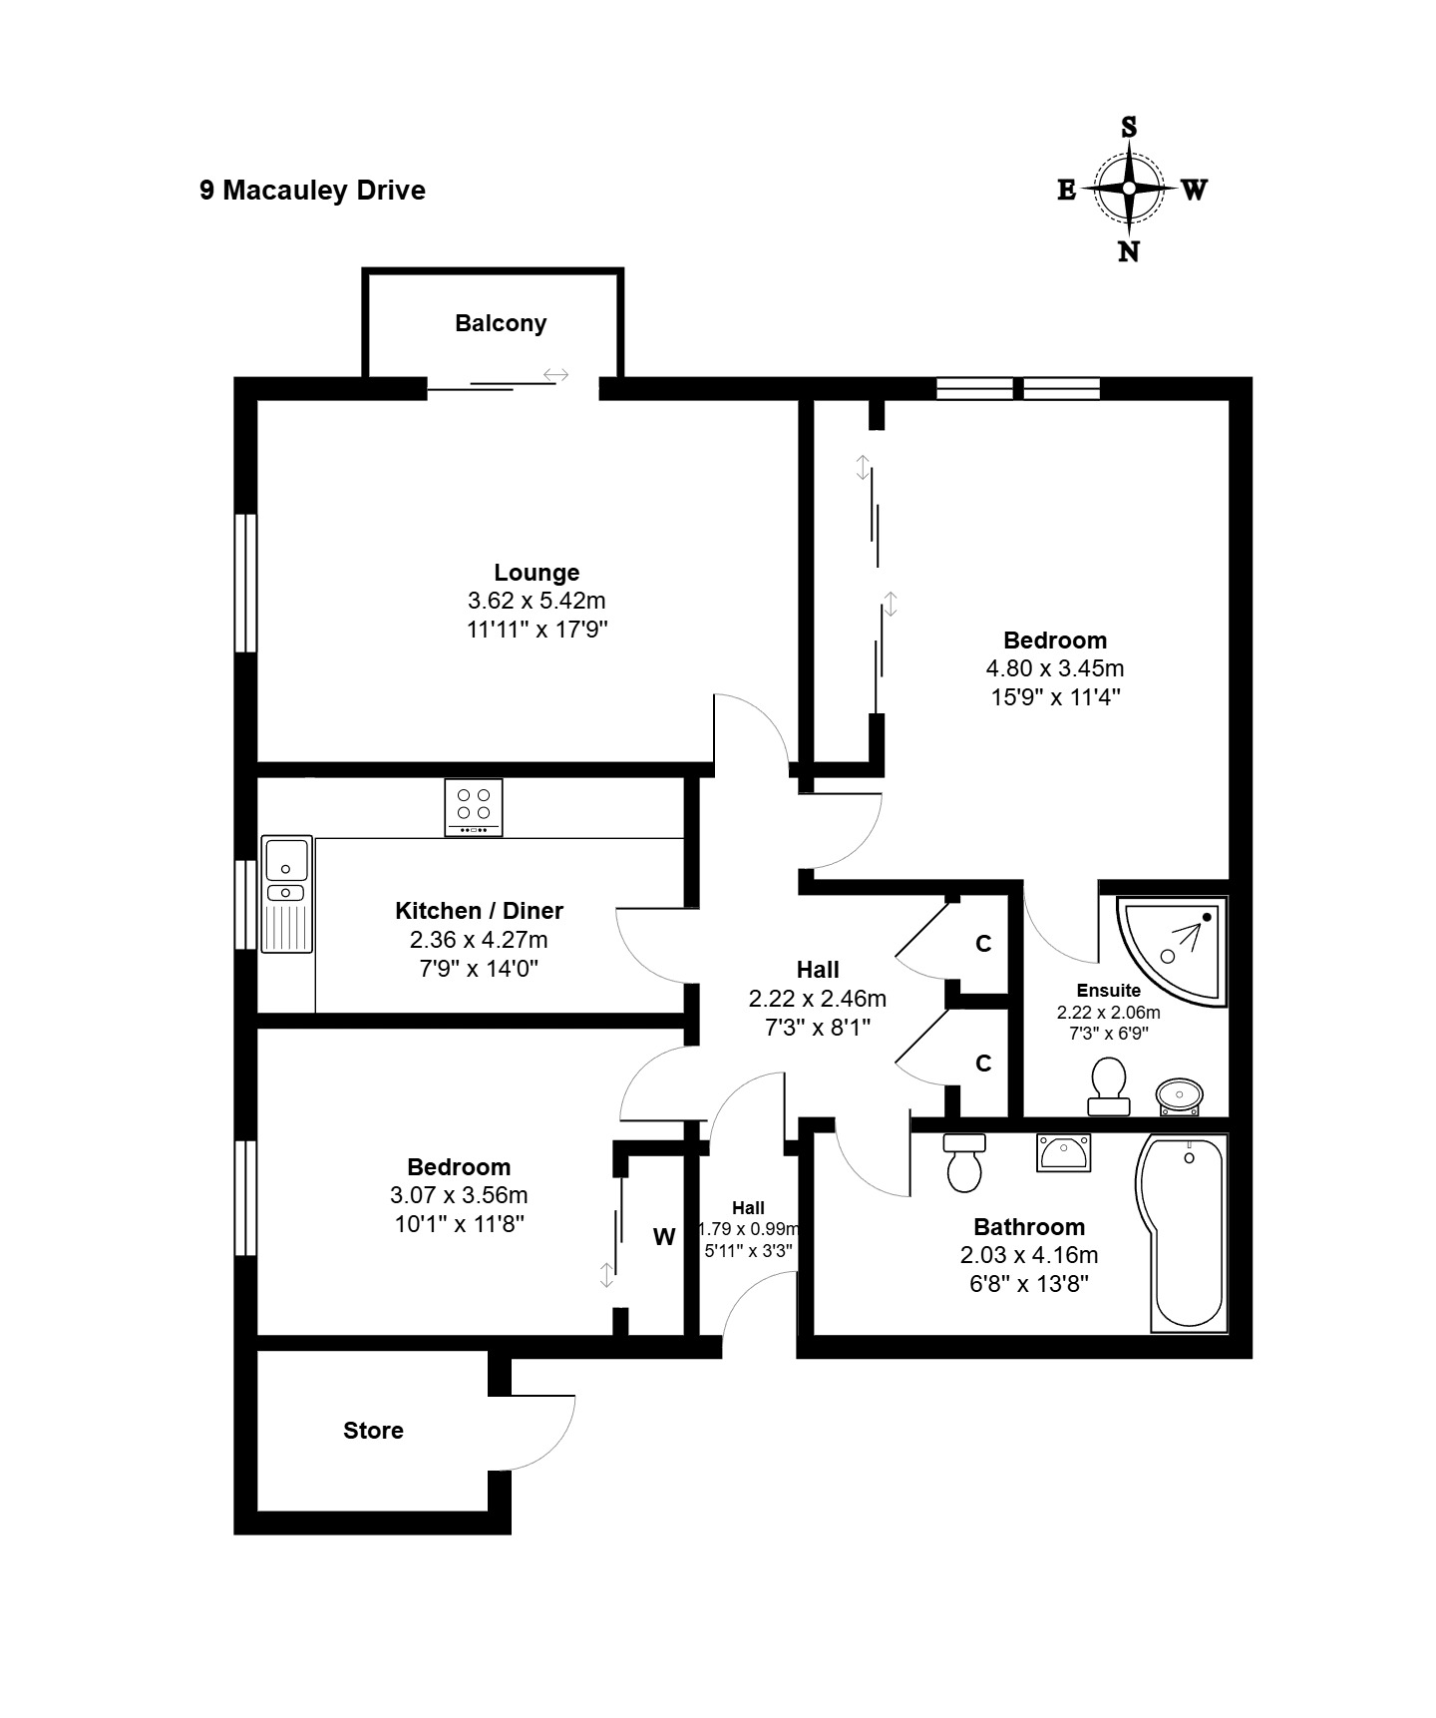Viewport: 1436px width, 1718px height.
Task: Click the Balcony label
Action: coord(501,323)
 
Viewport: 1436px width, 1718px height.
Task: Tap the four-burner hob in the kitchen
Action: coord(474,807)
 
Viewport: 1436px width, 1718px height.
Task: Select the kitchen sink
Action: coord(287,894)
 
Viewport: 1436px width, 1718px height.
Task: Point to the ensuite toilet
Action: coord(1109,1085)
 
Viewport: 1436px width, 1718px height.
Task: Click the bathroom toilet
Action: coord(964,1163)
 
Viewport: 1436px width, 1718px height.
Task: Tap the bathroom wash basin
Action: coord(1063,1153)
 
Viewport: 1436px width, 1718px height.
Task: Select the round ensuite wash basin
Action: coord(1181,1096)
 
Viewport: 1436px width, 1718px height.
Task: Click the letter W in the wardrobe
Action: coord(664,1237)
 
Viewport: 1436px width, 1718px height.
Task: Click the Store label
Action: coord(373,1431)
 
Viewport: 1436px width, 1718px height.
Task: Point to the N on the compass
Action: coord(1129,251)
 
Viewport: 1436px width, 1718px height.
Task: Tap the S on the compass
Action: coord(1129,127)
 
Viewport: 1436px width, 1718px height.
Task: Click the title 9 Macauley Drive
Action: coord(312,191)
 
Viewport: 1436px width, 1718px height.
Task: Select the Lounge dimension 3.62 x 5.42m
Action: coord(537,601)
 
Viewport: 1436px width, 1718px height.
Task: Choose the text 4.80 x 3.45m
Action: coord(1055,668)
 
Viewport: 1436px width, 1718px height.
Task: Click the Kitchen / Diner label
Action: coord(479,911)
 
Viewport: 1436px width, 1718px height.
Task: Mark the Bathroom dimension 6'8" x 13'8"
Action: coord(1029,1283)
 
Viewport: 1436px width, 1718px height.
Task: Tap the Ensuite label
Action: coord(1109,991)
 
